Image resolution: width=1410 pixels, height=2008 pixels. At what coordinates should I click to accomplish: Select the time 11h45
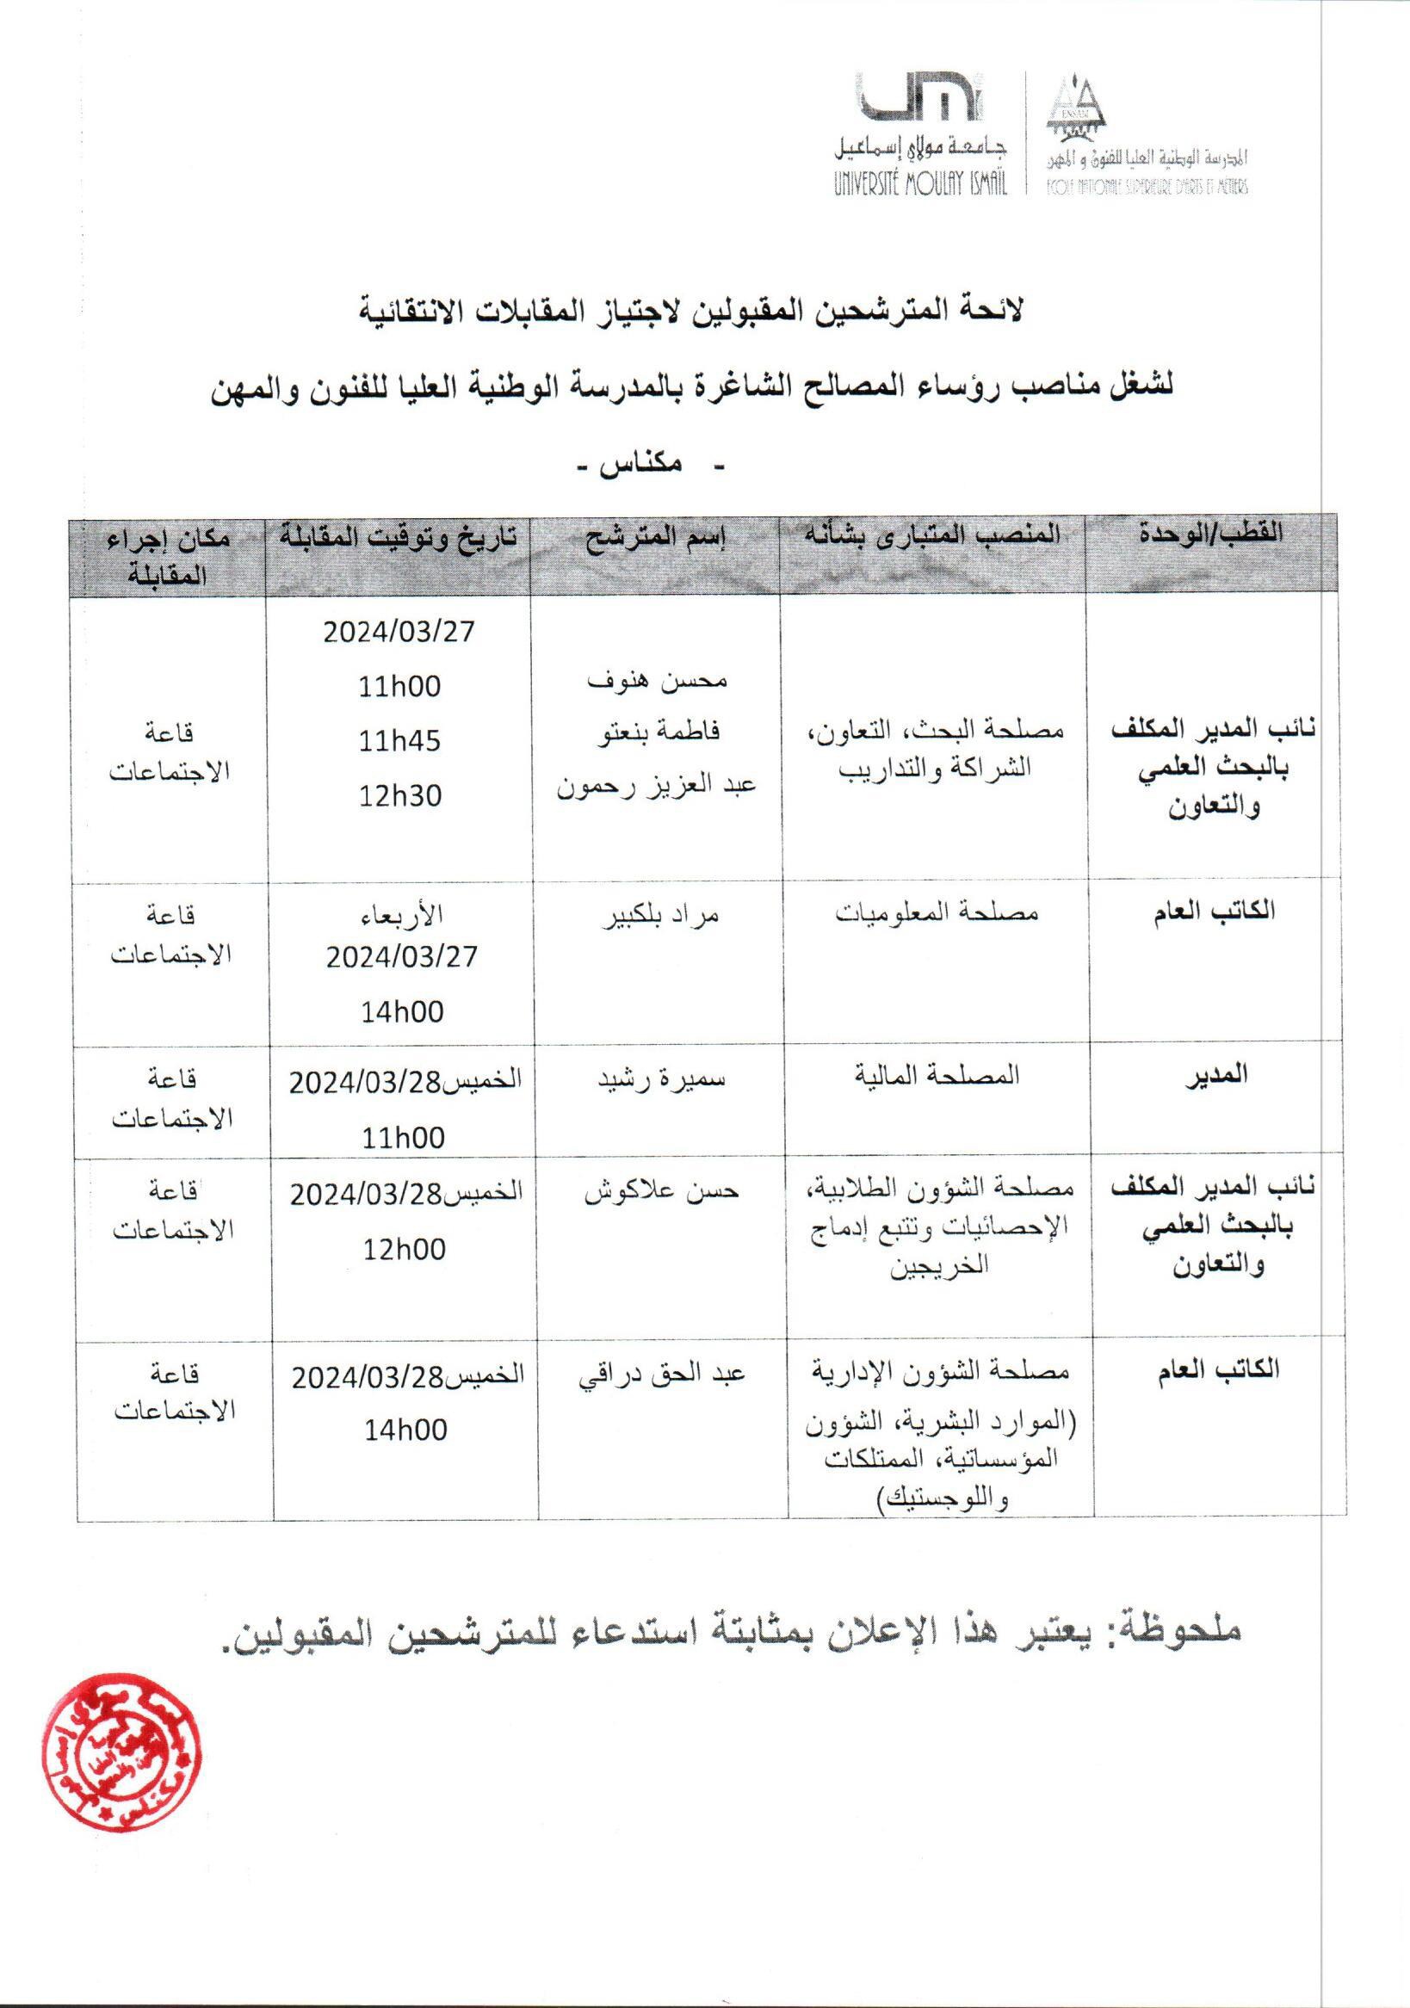click(x=399, y=742)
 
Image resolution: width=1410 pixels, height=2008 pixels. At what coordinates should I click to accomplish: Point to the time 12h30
click(x=399, y=796)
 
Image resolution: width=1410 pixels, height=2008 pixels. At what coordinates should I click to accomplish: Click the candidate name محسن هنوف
click(x=656, y=680)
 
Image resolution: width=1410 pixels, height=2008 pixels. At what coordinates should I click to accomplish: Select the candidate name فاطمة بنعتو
click(x=656, y=732)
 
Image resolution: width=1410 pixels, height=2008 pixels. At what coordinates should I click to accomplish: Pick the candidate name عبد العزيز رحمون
click(x=656, y=784)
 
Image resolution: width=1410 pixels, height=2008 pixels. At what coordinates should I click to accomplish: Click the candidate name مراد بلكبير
click(x=657, y=916)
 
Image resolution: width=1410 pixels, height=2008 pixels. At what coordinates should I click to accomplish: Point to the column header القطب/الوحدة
click(x=1211, y=534)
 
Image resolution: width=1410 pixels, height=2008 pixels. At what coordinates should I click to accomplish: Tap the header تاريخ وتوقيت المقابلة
click(x=399, y=536)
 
